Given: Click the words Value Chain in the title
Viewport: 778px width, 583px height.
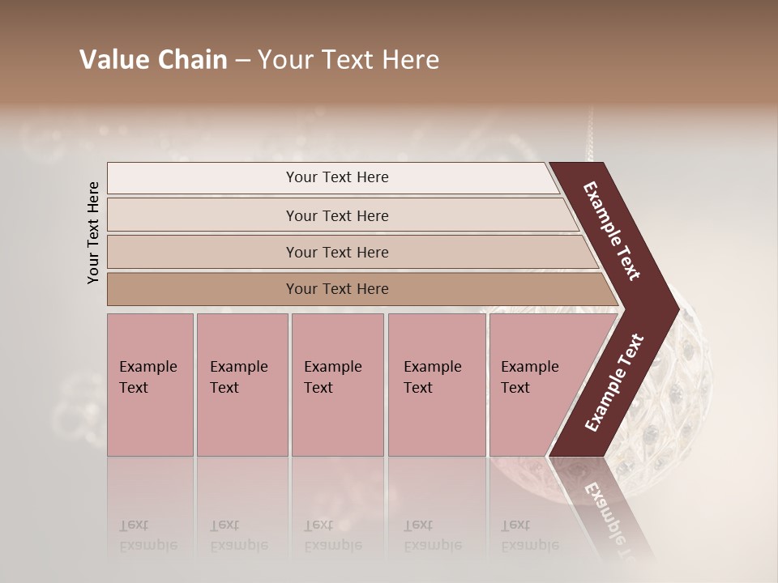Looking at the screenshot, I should (x=153, y=60).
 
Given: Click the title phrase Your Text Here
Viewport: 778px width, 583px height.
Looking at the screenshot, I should (x=348, y=60).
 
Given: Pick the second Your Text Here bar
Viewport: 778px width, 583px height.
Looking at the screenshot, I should (x=337, y=215).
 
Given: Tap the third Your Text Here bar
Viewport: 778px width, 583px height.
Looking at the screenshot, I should (x=337, y=252).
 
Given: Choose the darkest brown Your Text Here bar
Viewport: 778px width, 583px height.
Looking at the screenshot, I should (x=337, y=289).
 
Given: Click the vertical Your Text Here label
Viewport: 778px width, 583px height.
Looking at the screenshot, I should (x=93, y=232).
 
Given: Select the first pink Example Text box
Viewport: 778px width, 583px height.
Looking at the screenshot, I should (x=150, y=385).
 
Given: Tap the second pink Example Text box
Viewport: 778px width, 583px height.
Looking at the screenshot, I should (x=242, y=385).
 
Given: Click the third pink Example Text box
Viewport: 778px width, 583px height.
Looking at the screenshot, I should (x=337, y=385).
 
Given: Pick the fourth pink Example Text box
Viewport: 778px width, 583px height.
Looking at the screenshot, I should (x=437, y=385).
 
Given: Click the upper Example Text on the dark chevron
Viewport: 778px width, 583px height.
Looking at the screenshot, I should (x=612, y=231).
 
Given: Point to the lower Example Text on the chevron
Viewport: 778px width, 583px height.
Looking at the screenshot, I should (x=614, y=383).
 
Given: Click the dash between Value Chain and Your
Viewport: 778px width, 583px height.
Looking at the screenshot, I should (x=242, y=60).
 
